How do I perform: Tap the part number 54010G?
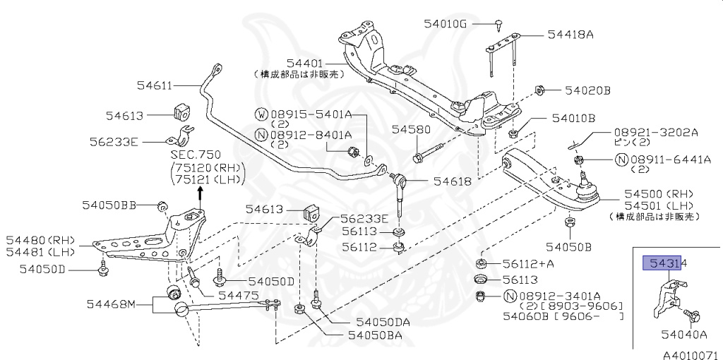click(446, 23)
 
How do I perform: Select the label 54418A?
click(570, 33)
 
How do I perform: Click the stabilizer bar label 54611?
click(155, 85)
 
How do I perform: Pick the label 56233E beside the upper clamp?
click(114, 140)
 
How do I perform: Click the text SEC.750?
click(196, 154)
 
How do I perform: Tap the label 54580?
click(411, 130)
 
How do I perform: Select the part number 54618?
click(452, 181)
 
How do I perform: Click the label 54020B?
click(587, 90)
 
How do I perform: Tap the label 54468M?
click(111, 304)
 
